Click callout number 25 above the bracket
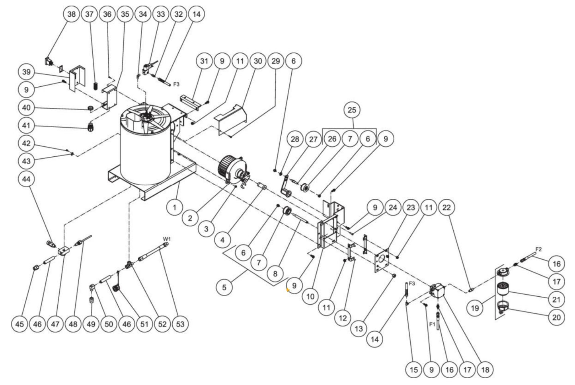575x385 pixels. pos(352,110)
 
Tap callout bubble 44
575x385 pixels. pos(26,179)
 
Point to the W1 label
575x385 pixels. pos(167,239)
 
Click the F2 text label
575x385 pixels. pos(538,249)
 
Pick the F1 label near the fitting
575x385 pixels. pos(433,324)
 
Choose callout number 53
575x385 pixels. pos(180,324)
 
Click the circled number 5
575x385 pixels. pos(224,287)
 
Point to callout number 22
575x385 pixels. pos(446,208)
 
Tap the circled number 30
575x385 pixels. pos(258,61)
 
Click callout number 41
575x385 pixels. pos(26,126)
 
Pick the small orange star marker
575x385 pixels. pos(288,290)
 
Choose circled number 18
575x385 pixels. pos(485,369)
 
